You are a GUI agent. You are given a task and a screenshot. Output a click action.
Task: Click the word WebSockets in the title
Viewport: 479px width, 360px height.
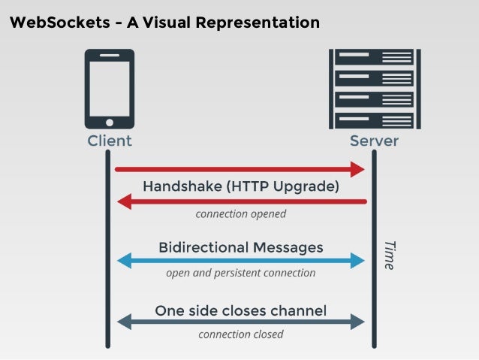(x=53, y=23)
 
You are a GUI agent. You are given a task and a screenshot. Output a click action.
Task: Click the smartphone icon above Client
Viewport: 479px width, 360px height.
(x=110, y=89)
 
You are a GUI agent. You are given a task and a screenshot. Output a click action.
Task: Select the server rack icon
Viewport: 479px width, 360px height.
(x=374, y=89)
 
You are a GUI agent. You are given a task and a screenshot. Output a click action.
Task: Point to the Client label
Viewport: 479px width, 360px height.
(x=110, y=141)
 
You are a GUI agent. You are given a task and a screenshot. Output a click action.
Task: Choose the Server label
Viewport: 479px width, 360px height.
(x=374, y=141)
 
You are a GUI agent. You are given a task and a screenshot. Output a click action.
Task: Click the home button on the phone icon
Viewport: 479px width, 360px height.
(x=110, y=122)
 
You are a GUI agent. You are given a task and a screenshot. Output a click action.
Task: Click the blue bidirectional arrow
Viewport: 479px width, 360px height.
(x=241, y=261)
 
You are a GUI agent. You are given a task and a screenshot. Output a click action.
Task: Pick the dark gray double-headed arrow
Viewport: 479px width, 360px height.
(x=241, y=322)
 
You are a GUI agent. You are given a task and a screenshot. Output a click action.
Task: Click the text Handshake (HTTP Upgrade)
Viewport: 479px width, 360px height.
(x=241, y=186)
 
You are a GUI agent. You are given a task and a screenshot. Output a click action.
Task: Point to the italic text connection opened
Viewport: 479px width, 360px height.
(x=241, y=214)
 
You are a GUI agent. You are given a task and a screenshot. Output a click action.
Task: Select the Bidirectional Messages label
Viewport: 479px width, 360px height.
(x=241, y=247)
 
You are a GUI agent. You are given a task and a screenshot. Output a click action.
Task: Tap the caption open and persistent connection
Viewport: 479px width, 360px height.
(x=241, y=274)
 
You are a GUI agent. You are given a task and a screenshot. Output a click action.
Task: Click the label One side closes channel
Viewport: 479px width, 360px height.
(x=241, y=310)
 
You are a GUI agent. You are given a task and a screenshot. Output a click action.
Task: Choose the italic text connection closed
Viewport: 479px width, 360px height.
(x=241, y=334)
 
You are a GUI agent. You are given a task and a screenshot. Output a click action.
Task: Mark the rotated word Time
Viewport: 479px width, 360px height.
(x=389, y=255)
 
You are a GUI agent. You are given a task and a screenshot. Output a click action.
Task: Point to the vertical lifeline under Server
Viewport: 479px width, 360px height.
(x=374, y=248)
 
